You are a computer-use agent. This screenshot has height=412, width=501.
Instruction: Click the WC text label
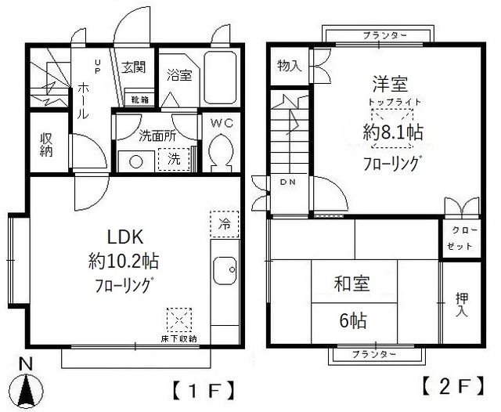(222, 122)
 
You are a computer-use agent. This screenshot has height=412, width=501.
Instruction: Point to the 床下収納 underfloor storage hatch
(180, 320)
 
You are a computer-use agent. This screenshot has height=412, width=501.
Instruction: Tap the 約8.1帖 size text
(392, 133)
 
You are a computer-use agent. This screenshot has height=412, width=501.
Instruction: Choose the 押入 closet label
(463, 304)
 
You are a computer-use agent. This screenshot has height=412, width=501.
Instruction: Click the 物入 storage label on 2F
(289, 66)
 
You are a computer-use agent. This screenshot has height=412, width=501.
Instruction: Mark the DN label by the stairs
(287, 182)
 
